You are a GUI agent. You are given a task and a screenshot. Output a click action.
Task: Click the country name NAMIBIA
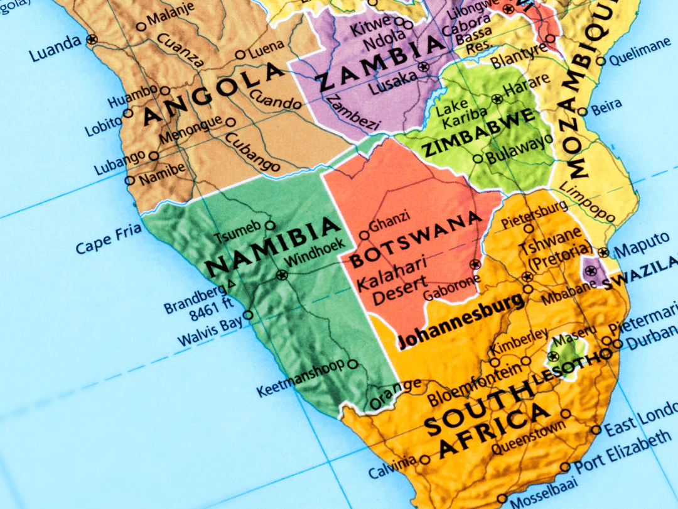coord(272,246)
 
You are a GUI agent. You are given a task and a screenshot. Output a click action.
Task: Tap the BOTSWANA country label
coord(416,240)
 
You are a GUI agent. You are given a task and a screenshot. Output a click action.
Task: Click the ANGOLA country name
coord(213,95)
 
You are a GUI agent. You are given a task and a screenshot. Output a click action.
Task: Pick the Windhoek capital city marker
coord(281,275)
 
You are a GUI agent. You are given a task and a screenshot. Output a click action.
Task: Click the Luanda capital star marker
coord(92,39)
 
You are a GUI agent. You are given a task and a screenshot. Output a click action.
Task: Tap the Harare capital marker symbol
coord(497,99)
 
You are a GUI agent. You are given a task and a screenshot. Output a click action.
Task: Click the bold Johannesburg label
coord(461,321)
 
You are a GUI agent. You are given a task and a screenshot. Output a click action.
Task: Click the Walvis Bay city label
coord(210,332)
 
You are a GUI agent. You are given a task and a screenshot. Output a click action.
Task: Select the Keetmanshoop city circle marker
coord(353,364)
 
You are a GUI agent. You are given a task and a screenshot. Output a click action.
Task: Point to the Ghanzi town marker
coord(364,236)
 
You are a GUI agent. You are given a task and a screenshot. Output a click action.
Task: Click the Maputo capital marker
coord(603,252)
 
